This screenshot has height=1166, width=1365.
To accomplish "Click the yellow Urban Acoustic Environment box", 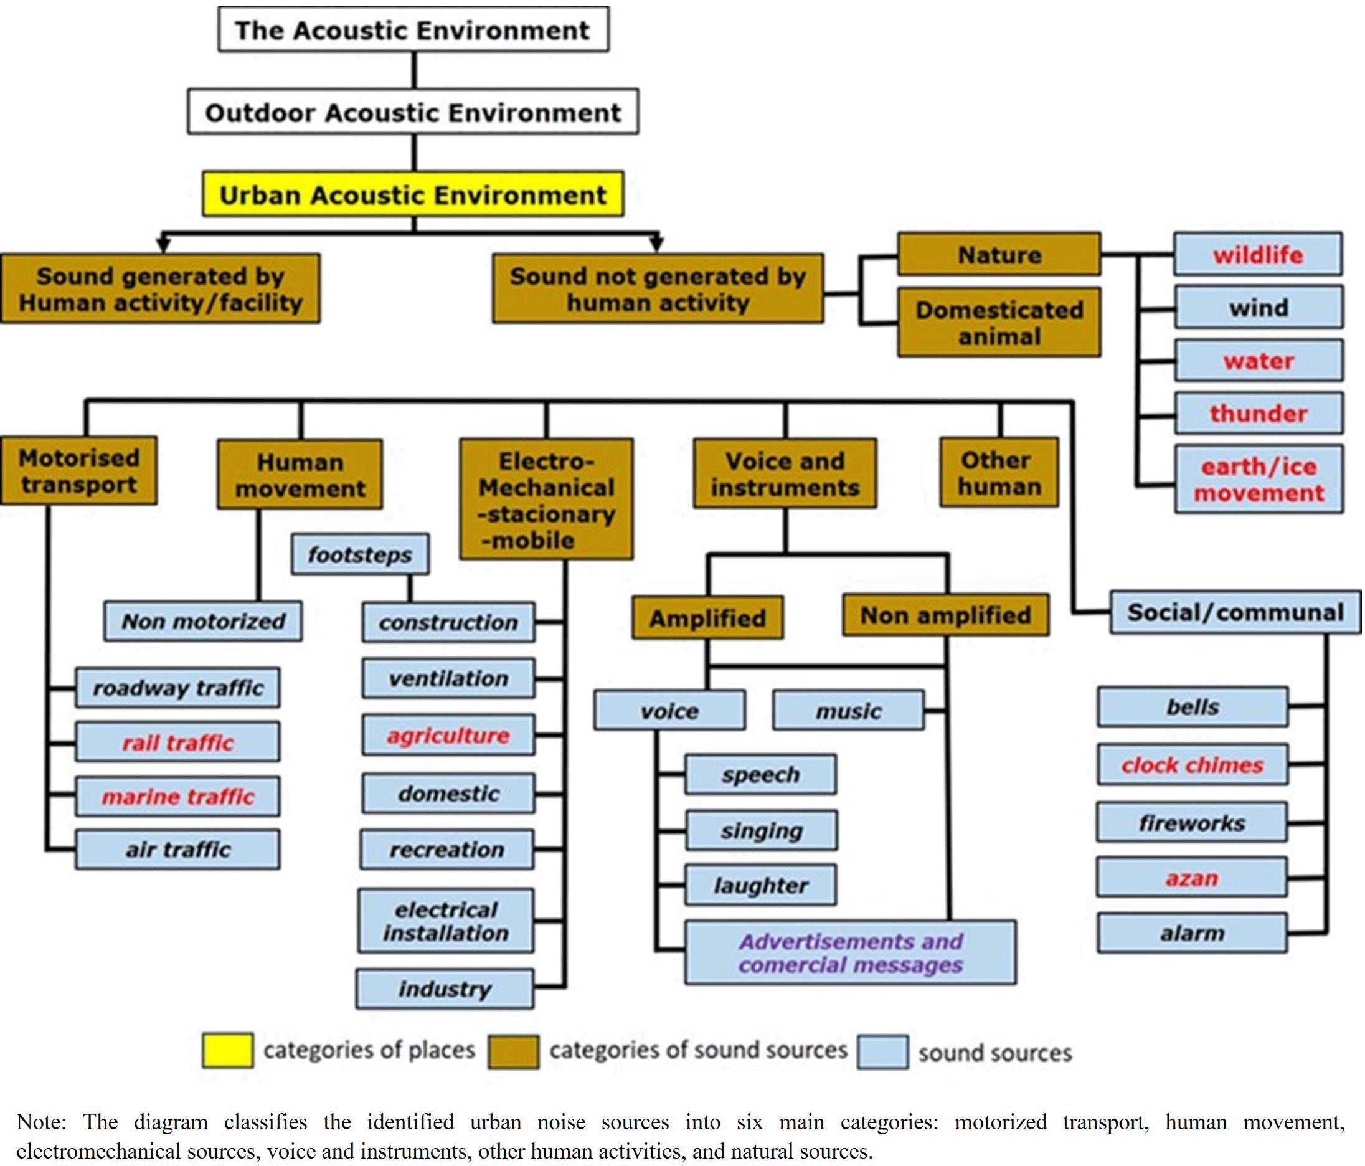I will click(413, 194).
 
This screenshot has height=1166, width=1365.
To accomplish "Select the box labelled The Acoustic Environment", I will click(413, 30).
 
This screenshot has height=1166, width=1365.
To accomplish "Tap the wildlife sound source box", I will click(1258, 254).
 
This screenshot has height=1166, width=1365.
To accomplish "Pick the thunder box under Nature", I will click(1258, 413).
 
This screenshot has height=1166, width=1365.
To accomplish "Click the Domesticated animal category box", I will click(999, 323).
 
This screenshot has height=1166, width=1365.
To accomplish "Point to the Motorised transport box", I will click(78, 471).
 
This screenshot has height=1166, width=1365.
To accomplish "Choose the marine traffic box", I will click(177, 797).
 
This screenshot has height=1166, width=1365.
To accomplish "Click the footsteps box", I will click(360, 554).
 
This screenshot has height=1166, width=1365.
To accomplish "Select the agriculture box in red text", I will click(448, 735).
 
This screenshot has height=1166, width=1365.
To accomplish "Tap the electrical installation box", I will click(446, 921).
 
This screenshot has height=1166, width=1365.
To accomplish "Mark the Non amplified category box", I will click(945, 615).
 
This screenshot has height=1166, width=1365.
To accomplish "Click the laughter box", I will click(761, 885).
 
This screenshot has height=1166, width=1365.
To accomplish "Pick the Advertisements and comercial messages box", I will click(850, 952).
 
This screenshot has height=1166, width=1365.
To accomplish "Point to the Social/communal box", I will click(1235, 612).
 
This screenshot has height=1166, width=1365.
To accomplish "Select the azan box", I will click(1192, 878).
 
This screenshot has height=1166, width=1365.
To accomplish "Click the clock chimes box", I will click(1192, 764).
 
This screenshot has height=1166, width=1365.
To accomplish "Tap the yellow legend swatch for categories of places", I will click(227, 1050).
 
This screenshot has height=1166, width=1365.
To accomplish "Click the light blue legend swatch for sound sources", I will click(883, 1052).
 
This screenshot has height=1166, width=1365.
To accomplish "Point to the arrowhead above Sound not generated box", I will click(656, 244).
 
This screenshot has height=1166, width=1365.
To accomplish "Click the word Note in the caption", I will click(40, 1121).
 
